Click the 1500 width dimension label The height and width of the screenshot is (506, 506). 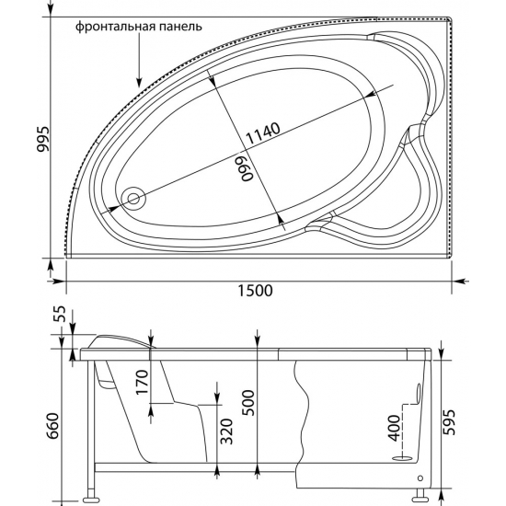click(255, 291)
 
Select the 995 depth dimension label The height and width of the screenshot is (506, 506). click(42, 139)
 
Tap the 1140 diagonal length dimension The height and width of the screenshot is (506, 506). click(263, 133)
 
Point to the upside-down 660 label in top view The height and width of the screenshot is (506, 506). click(247, 168)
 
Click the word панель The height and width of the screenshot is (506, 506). click(180, 27)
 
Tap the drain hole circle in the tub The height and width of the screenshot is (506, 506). click(133, 198)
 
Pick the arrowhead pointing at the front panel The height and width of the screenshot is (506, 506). click(139, 83)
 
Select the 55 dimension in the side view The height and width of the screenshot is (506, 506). click(60, 314)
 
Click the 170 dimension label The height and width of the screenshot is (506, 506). click(142, 383)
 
